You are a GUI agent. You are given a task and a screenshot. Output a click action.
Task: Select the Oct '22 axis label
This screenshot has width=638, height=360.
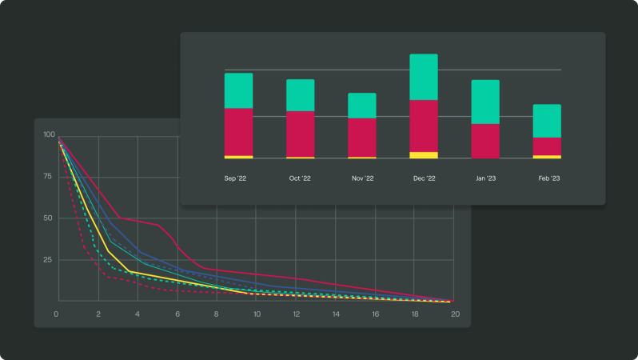[x=300, y=178]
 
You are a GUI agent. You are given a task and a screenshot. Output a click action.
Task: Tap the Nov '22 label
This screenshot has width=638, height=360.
[x=362, y=178]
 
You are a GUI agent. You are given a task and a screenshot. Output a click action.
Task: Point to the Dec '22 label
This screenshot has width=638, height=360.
[x=424, y=178]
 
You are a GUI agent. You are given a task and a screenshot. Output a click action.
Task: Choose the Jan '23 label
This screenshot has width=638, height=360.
[x=485, y=178]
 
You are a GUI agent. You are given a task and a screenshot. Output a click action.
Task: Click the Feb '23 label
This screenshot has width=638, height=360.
[x=547, y=178]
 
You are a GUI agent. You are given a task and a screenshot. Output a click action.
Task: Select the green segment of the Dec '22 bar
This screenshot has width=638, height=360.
[x=424, y=77]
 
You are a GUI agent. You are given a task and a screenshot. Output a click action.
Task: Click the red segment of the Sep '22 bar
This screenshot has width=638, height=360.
[x=238, y=131]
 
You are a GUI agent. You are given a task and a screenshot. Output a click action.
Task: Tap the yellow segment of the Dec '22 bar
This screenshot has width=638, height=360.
[x=424, y=154]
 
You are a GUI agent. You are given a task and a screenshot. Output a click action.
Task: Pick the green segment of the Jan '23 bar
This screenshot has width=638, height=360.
[x=485, y=102]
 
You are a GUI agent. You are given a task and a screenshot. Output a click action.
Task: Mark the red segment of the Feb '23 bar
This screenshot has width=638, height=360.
[x=547, y=146]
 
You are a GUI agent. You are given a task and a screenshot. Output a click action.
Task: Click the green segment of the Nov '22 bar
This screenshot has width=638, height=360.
[x=362, y=106]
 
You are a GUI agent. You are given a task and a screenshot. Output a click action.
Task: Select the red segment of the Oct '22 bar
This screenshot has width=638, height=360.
[x=300, y=134]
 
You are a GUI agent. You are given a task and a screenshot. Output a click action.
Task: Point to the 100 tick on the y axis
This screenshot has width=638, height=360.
[x=50, y=134]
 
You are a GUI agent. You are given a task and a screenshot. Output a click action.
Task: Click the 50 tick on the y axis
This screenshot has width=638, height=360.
[x=50, y=218]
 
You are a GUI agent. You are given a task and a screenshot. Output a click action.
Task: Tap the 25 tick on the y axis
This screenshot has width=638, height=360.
[x=50, y=260]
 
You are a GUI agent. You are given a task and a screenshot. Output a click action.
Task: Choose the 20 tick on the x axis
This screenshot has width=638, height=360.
[x=455, y=314]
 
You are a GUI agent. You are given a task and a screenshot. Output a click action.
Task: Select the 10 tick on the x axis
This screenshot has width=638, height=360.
[x=256, y=314]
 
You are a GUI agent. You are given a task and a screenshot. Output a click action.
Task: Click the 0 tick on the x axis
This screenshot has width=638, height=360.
[x=56, y=314]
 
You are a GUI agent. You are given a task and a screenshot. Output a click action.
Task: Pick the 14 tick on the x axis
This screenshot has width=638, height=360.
[x=336, y=314]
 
